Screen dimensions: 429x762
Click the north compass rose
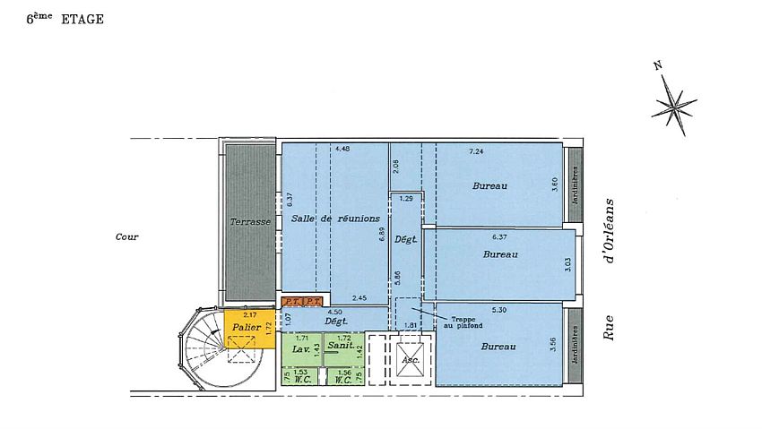click(673, 101)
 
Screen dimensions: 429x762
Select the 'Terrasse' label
click(249, 221)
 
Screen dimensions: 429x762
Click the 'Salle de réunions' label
click(335, 219)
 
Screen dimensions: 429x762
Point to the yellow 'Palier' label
click(246, 328)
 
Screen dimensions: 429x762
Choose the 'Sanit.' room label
click(339, 345)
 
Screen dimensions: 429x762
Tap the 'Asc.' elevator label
click(411, 361)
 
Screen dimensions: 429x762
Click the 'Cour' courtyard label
click(126, 237)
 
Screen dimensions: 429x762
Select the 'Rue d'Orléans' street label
click(611, 270)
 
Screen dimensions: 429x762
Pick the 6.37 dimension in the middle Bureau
click(501, 237)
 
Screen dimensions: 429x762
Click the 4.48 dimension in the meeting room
click(342, 149)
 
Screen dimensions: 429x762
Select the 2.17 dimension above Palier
click(249, 315)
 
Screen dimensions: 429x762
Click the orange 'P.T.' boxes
click(301, 302)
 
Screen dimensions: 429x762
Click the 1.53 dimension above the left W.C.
click(301, 372)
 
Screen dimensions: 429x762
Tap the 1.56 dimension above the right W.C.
click(343, 372)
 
